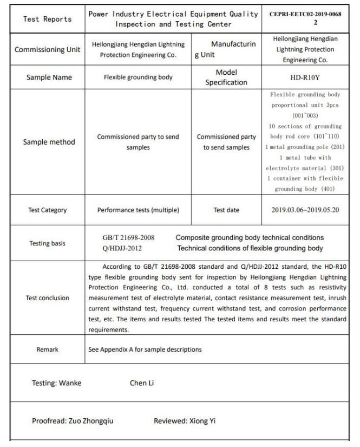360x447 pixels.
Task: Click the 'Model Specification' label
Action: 227,77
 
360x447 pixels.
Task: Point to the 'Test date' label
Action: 227,210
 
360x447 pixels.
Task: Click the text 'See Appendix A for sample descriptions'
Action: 145,349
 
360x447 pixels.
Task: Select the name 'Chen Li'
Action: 142,383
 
